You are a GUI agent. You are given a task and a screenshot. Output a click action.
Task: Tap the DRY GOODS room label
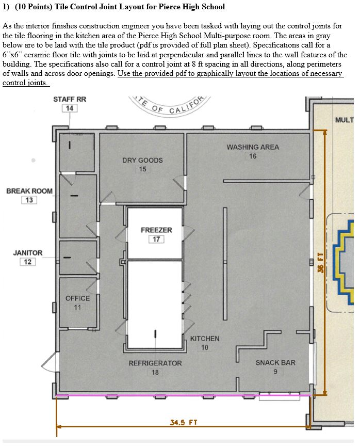[x=142, y=160]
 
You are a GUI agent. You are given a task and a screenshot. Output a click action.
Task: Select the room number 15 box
[x=142, y=169]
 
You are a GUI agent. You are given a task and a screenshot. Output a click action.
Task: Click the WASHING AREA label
[x=253, y=147]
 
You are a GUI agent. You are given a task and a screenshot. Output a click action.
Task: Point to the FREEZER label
[x=156, y=230]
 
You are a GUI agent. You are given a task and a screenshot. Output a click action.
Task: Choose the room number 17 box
[x=156, y=239]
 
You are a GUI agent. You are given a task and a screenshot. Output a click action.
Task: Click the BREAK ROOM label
[x=29, y=191]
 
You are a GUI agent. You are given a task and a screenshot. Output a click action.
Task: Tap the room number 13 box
[x=29, y=200]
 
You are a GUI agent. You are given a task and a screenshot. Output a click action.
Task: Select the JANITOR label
[x=28, y=253]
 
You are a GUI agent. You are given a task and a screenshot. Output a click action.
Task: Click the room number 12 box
[x=28, y=262]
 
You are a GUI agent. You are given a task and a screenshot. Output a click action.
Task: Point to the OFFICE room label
[x=77, y=298]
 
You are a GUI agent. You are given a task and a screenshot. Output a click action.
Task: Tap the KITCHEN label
[x=205, y=339]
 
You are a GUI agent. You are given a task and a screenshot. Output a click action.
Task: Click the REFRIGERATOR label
[x=155, y=363]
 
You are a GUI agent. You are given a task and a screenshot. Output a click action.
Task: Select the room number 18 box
[x=155, y=372]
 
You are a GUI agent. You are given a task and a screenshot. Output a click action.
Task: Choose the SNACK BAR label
[x=275, y=363]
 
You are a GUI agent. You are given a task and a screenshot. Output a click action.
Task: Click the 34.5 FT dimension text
[x=184, y=423]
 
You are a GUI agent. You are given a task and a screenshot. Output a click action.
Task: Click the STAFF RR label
[x=70, y=99]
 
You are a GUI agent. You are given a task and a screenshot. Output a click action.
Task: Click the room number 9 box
[x=275, y=372]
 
